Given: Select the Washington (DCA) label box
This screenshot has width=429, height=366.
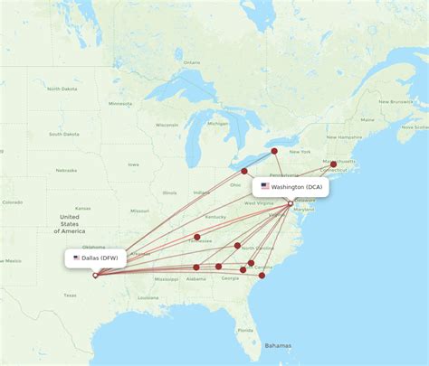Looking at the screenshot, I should pyautogui.click(x=291, y=187).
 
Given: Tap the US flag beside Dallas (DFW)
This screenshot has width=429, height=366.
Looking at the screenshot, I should pyautogui.click(x=77, y=258).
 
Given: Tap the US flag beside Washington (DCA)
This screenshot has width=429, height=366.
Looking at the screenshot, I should pyautogui.click(x=265, y=187).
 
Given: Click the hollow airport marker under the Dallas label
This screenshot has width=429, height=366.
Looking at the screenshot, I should pyautogui.click(x=95, y=275).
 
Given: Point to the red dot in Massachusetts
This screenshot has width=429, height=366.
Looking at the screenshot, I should pyautogui.click(x=333, y=164).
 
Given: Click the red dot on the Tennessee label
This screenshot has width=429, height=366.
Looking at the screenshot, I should pyautogui.click(x=196, y=237).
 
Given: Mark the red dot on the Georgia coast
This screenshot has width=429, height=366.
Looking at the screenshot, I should pyautogui.click(x=262, y=275).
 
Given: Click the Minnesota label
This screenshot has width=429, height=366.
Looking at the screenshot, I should pyautogui.click(x=120, y=104).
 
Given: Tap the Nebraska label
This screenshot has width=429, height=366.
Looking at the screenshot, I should pyautogui.click(x=65, y=170).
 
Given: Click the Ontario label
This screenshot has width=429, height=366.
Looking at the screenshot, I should pyautogui.click(x=191, y=61).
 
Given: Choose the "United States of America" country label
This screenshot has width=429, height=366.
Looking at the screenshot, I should pyautogui.click(x=70, y=224).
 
